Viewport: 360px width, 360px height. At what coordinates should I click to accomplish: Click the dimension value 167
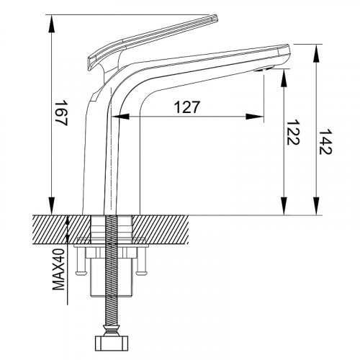(x=61, y=113)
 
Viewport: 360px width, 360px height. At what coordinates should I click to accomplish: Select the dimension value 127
(x=186, y=107)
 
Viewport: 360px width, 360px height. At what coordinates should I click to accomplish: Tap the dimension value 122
(x=293, y=132)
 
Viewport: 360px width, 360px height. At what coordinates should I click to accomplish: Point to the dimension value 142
(x=325, y=142)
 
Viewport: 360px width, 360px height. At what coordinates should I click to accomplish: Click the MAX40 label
(x=58, y=269)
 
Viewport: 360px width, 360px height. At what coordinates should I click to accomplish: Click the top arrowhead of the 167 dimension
(x=52, y=24)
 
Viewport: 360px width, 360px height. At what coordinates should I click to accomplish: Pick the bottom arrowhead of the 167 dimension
(x=52, y=206)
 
